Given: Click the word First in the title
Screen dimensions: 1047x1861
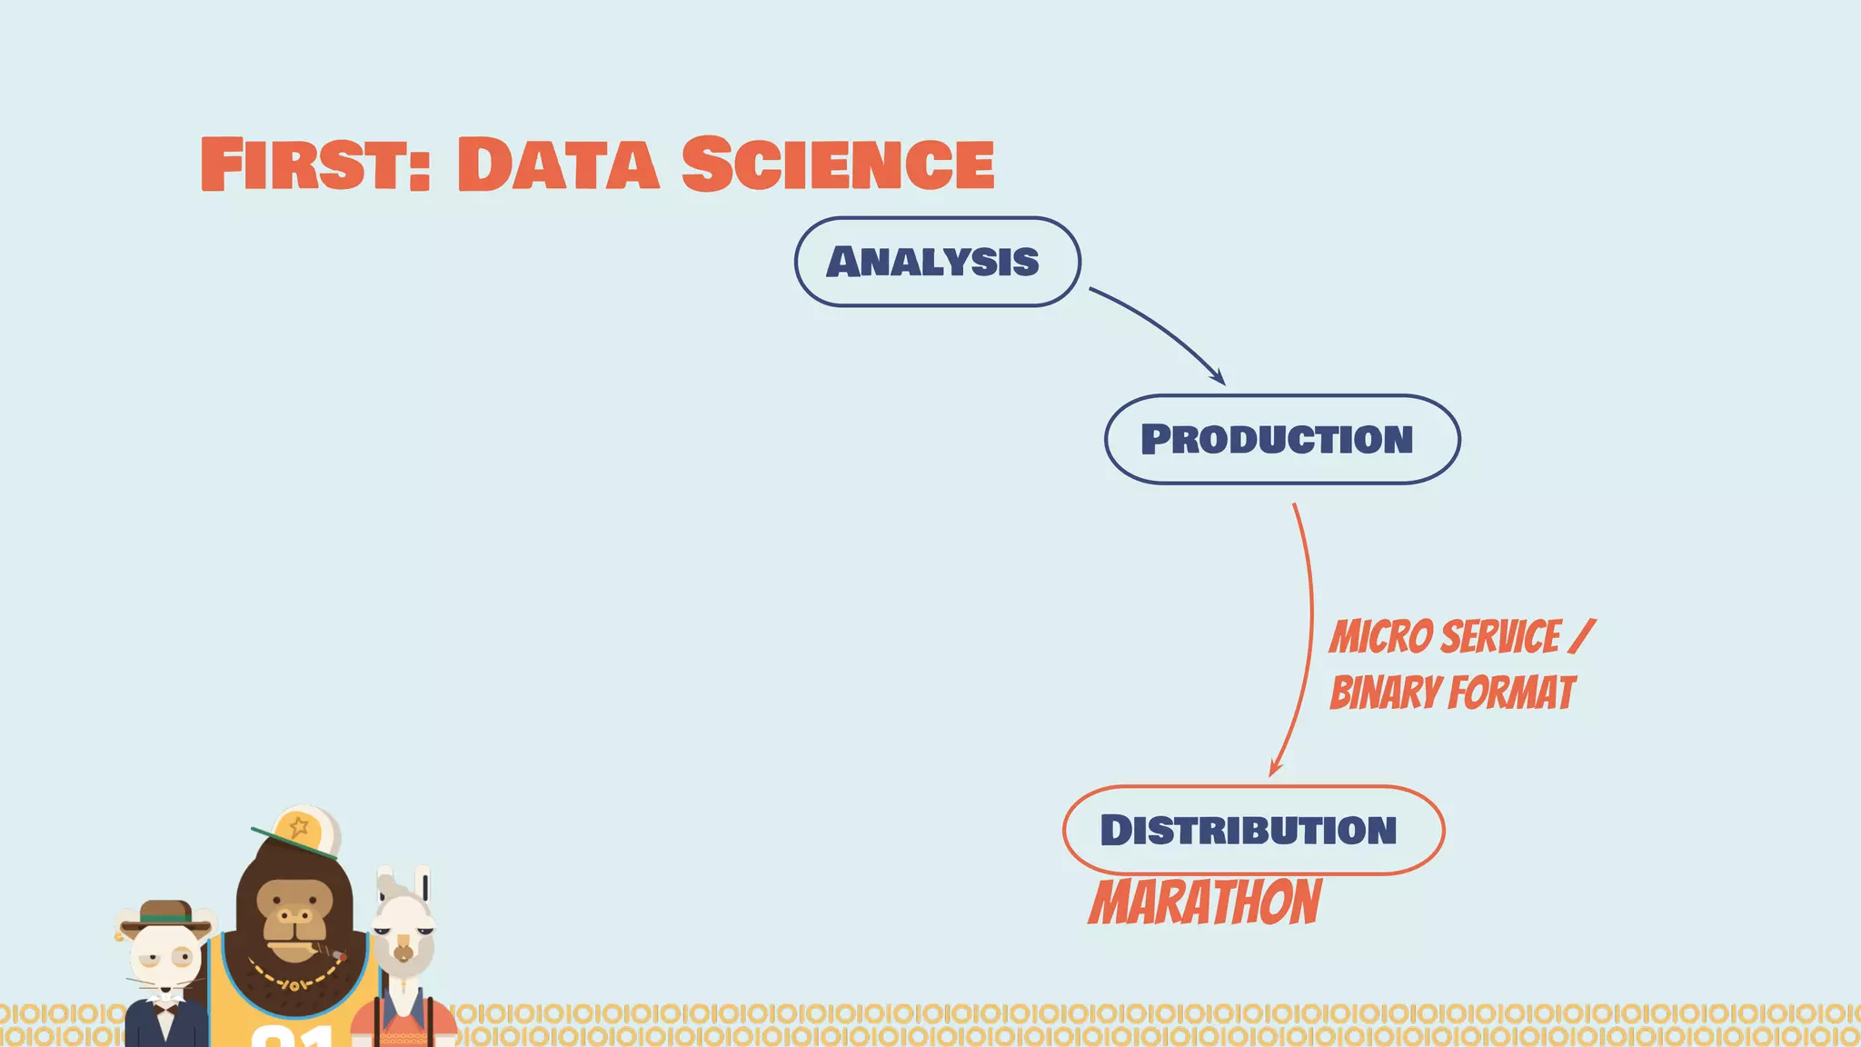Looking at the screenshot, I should point(313,164).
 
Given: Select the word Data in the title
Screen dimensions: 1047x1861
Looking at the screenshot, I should point(557,164).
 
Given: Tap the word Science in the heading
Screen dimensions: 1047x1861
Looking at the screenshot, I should point(837,164).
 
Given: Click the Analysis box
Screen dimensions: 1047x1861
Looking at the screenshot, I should point(937,262).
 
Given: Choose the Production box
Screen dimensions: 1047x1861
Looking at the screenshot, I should point(1281,439).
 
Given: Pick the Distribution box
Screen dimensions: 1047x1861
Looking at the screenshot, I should point(1252,830).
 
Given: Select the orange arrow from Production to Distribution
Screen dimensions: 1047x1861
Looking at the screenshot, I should point(1309,636).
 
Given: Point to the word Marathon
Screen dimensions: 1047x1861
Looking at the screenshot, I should point(1205,902).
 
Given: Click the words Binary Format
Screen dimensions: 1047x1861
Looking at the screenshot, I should point(1451,693).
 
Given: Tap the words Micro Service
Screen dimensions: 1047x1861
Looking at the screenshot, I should point(1445,636).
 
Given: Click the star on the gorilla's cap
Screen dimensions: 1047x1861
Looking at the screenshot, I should point(299,828).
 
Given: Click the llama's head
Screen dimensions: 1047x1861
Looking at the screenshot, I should point(403,927).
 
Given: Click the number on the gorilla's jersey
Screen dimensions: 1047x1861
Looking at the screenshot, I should point(291,1036).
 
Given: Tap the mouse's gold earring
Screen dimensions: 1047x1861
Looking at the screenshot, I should point(119,936).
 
